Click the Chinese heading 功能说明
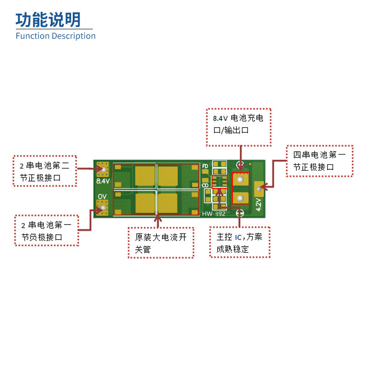click(48, 20)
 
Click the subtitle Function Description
click(55, 36)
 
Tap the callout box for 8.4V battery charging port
click(238, 127)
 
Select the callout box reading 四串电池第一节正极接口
click(319, 161)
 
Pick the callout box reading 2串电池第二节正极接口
click(44, 171)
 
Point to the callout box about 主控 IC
click(239, 242)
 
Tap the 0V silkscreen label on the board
click(102, 196)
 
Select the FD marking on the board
click(205, 166)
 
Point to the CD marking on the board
click(205, 185)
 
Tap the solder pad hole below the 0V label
click(103, 208)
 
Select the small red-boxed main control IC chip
click(220, 182)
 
